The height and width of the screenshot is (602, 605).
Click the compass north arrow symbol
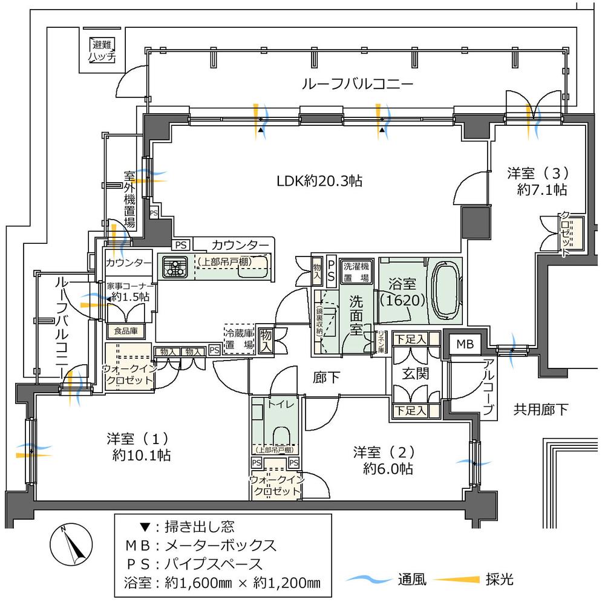71,544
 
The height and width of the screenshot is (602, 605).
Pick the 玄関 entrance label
416,374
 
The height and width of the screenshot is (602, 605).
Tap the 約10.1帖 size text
140,456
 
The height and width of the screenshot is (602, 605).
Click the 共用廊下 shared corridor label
540,410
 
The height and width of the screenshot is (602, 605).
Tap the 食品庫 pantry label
125,331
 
